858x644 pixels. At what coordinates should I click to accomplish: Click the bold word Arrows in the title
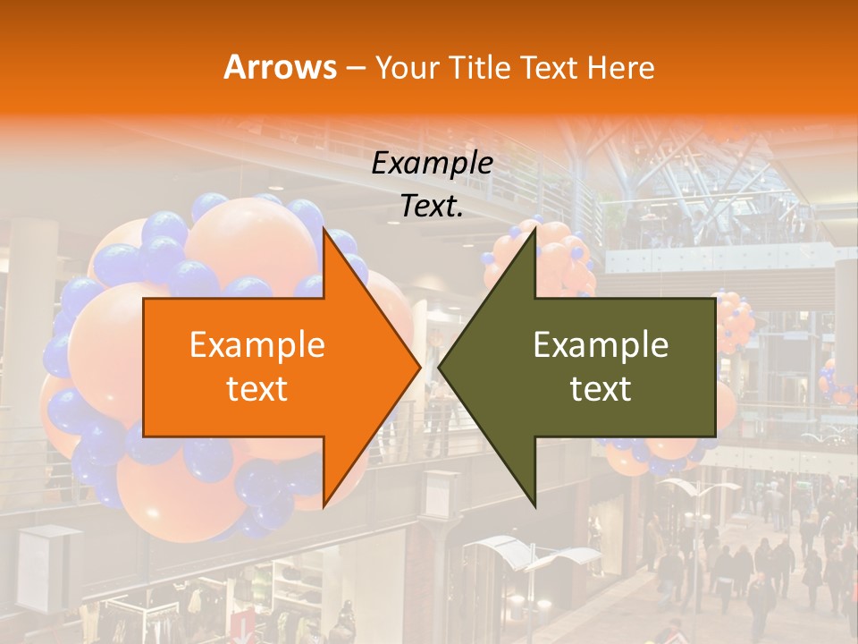(281, 67)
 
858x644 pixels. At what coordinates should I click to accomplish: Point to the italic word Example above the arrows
(433, 163)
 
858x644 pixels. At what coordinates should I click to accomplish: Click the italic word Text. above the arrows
(433, 207)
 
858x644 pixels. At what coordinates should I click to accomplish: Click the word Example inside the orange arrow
(257, 345)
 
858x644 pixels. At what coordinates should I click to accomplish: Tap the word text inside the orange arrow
(257, 389)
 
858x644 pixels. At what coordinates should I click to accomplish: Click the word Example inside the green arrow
(601, 345)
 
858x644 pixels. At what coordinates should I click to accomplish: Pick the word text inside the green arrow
(601, 389)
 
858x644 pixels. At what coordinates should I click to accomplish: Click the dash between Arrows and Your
(356, 68)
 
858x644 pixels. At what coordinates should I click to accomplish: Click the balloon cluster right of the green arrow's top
(735, 318)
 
